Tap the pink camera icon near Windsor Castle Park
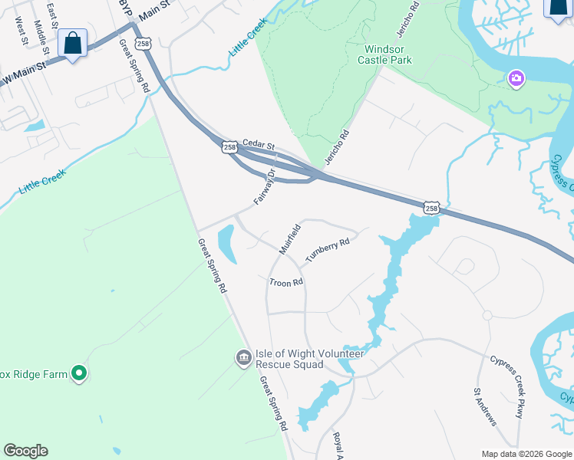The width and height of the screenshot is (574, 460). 516,78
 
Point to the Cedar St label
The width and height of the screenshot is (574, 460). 258,143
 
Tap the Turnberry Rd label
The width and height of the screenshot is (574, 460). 328,251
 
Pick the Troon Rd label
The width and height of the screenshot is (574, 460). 286,282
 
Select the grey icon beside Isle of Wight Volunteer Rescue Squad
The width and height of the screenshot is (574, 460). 243,358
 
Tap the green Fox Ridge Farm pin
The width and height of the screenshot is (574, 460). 78,374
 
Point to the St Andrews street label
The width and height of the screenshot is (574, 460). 485,406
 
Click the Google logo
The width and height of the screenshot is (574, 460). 25,451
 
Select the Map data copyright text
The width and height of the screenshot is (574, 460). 526,454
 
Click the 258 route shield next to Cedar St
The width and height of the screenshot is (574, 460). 229,146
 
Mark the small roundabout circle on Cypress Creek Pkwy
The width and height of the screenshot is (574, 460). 487,315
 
